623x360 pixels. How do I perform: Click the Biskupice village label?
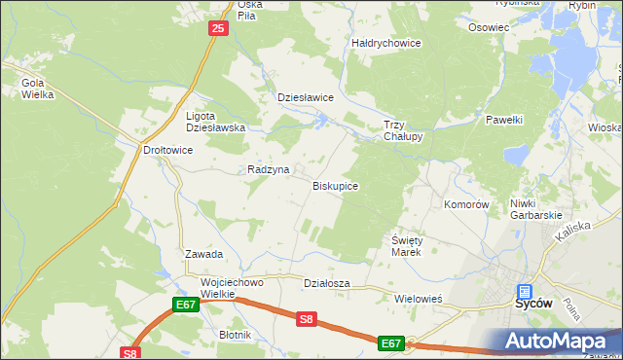pos(335,185)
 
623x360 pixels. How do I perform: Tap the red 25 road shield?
pos(217,30)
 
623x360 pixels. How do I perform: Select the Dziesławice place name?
pos(306,98)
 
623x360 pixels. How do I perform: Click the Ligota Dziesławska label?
pos(215,122)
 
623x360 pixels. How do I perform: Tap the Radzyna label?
pos(268,169)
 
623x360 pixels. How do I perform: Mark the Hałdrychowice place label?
pos(385,43)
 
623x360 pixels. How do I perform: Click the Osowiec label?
pos(489,27)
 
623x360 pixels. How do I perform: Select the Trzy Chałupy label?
pos(403,130)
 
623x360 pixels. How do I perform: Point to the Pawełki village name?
pos(504,120)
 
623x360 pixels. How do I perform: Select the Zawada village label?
pos(204,254)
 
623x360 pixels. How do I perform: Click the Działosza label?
pos(326,283)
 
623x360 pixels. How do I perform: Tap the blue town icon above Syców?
pos(525,290)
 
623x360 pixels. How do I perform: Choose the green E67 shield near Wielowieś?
pos(391,342)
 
